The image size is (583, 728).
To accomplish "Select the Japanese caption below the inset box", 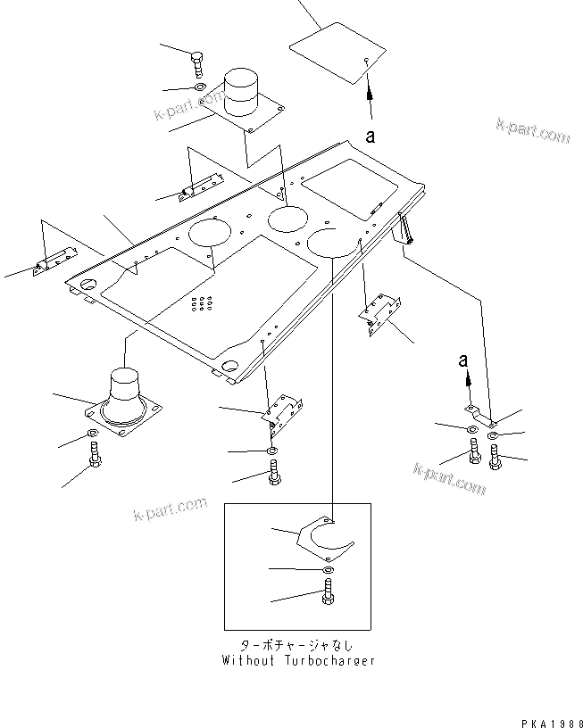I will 297,645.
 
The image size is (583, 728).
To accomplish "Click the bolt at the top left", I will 197,63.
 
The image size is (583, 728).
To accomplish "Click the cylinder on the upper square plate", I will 239,92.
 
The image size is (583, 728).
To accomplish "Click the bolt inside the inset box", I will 326,592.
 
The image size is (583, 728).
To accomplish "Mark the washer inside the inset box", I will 327,569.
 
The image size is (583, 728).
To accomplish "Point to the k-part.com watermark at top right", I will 533,130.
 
